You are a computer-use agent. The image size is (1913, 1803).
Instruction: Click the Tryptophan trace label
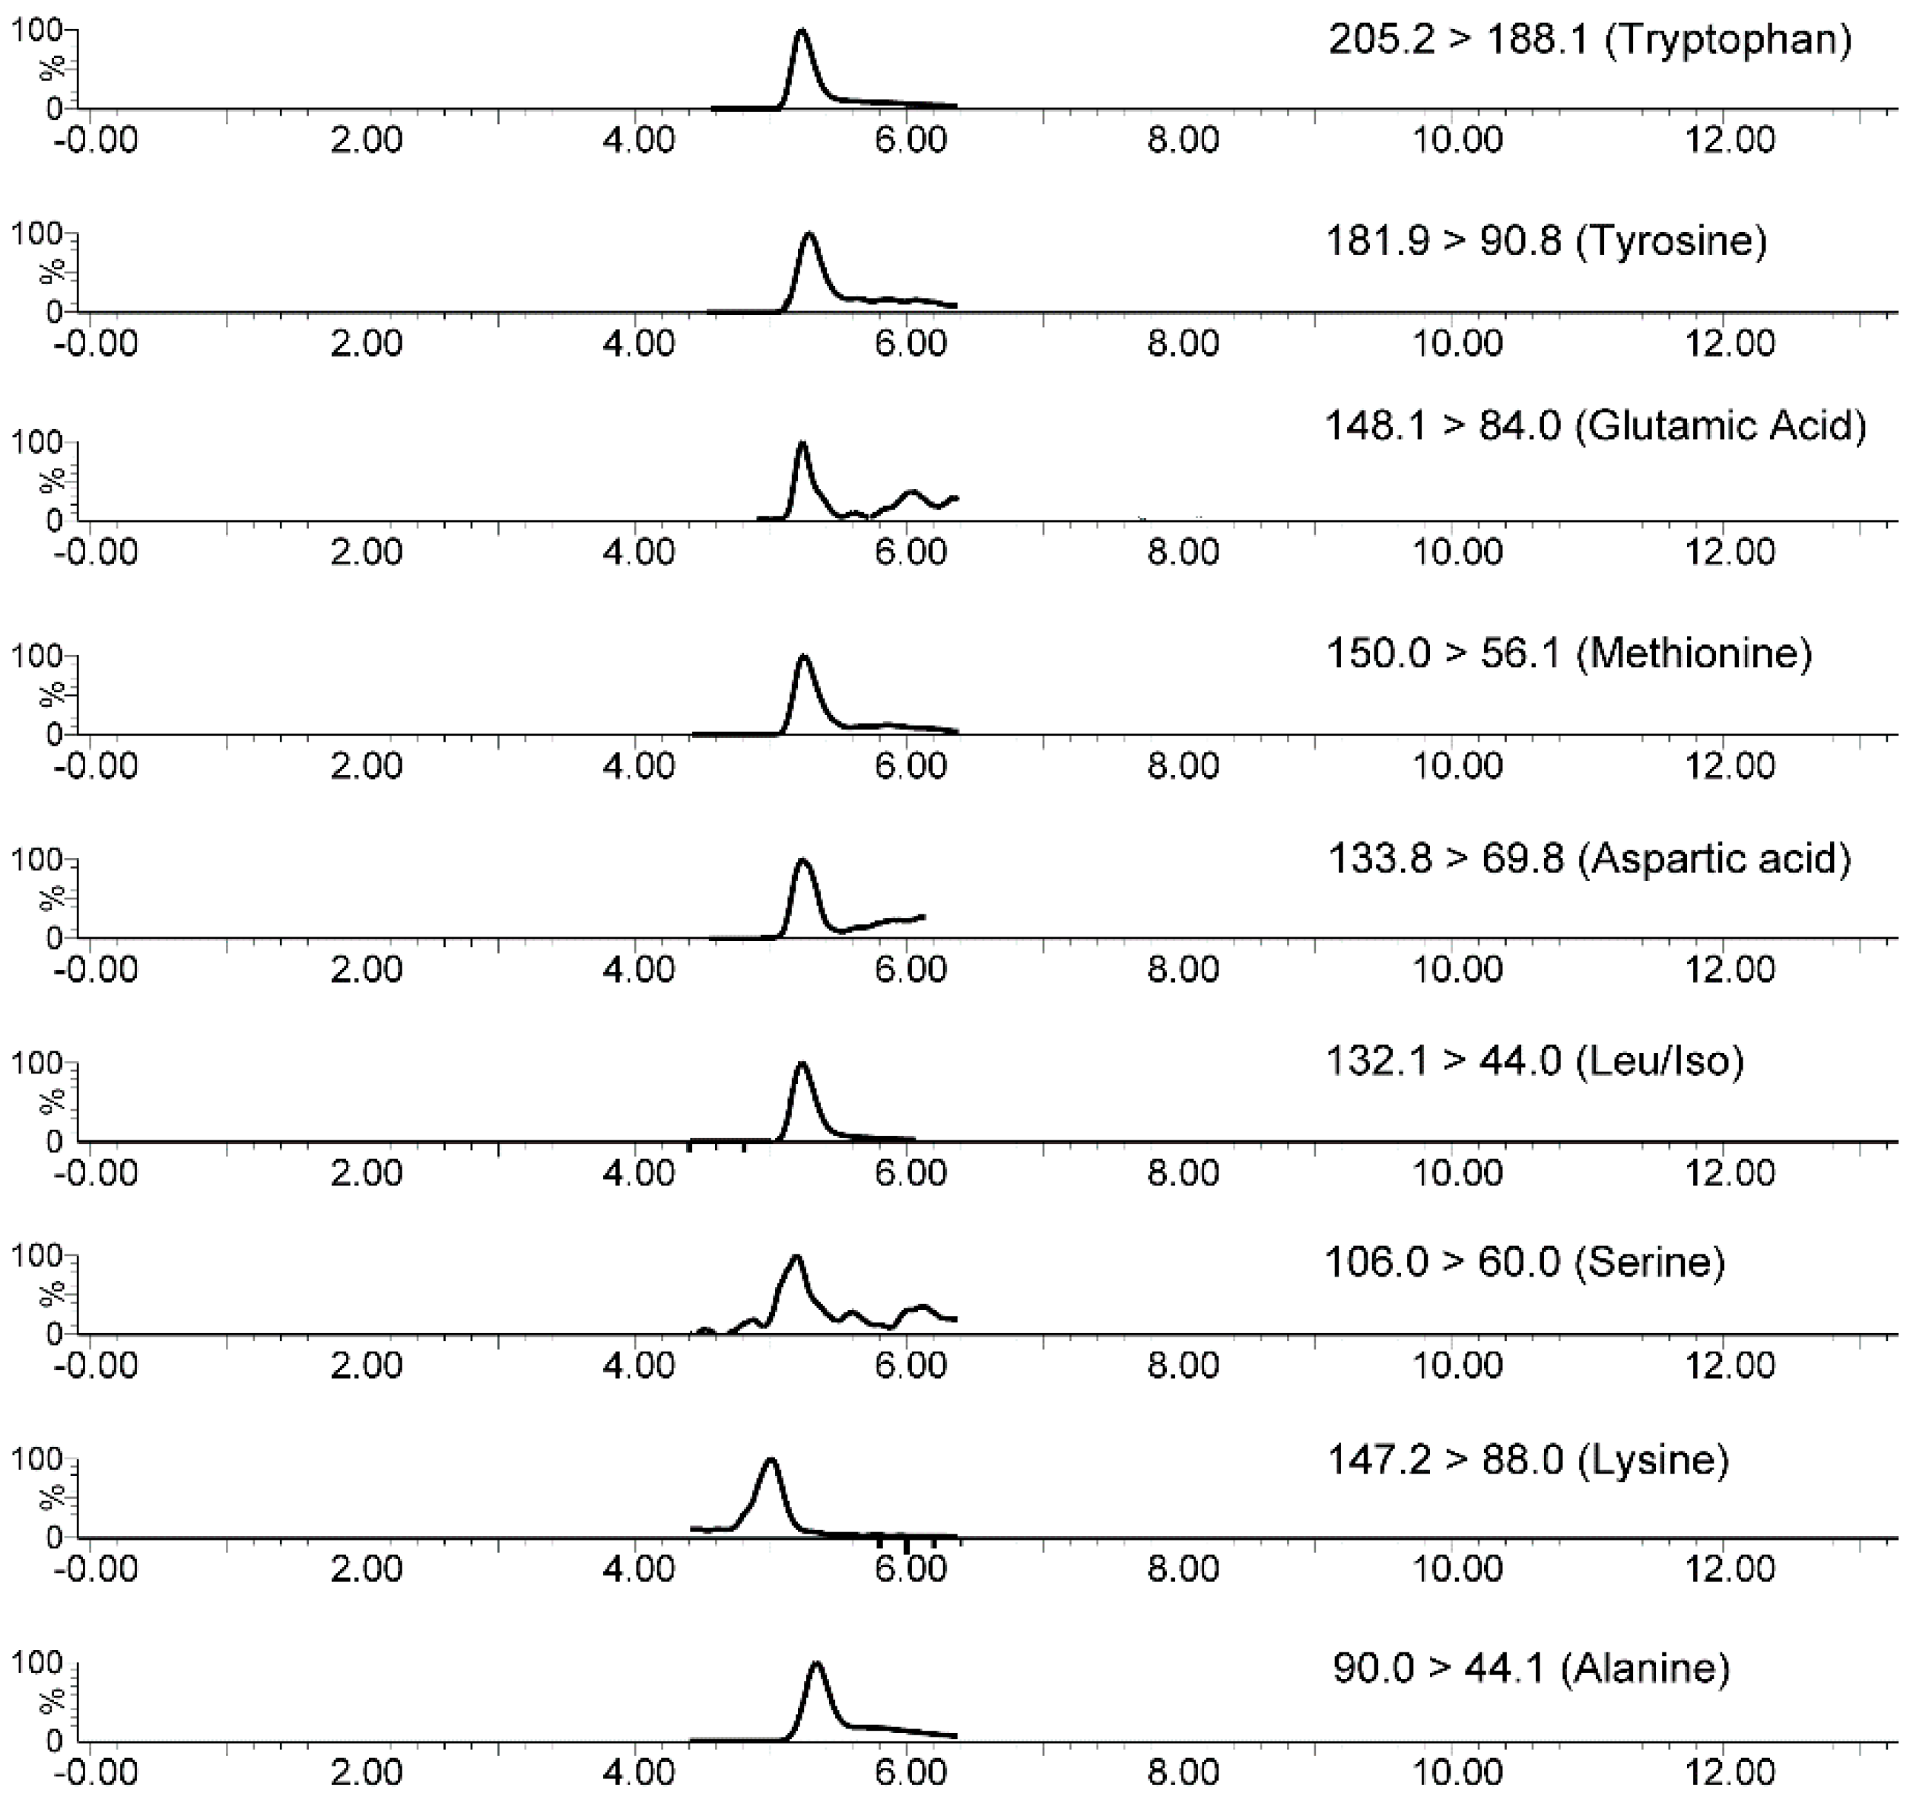1590,40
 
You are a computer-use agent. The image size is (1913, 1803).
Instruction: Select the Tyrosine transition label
1546,240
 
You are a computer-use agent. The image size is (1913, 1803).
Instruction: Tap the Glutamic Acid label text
1596,425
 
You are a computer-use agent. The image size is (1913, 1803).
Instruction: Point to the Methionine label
1568,653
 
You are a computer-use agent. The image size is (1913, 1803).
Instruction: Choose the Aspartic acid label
1589,857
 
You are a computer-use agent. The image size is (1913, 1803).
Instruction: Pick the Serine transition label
1525,1261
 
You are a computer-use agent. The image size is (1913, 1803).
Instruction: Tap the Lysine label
1528,1461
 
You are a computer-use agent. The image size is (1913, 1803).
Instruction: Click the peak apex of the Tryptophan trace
801,32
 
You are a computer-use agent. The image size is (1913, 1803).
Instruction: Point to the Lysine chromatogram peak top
770,1461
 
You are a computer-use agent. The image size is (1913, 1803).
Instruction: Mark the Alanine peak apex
817,1665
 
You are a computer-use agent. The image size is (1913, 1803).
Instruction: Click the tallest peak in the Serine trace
796,1258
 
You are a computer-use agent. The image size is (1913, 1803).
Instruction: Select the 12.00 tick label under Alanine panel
1729,1773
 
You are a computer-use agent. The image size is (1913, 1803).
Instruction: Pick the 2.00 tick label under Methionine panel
366,766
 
